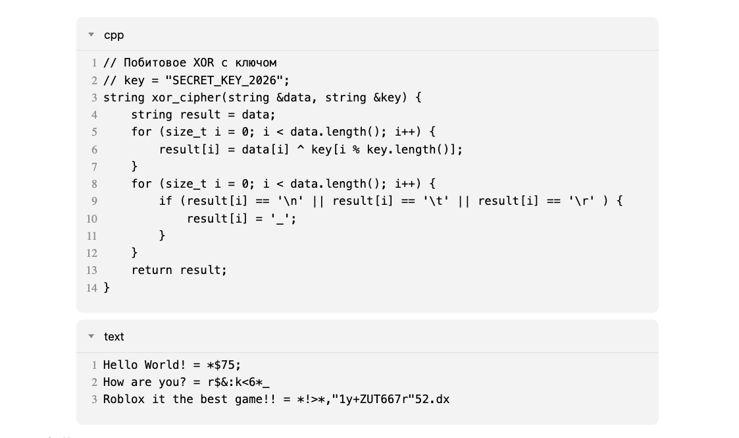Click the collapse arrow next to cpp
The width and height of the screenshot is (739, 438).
click(x=91, y=34)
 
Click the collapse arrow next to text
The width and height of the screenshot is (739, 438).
click(x=91, y=336)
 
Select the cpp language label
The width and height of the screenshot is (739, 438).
click(x=114, y=36)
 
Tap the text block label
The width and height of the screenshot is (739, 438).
click(x=114, y=337)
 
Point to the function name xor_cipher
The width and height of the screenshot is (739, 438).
click(x=187, y=97)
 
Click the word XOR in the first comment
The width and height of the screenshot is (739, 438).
click(x=203, y=63)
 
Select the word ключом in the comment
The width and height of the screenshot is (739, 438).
click(x=255, y=63)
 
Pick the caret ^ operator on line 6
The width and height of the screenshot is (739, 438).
click(x=300, y=148)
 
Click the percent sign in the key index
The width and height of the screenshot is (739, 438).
click(x=356, y=150)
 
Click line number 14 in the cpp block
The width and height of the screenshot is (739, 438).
click(x=92, y=288)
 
